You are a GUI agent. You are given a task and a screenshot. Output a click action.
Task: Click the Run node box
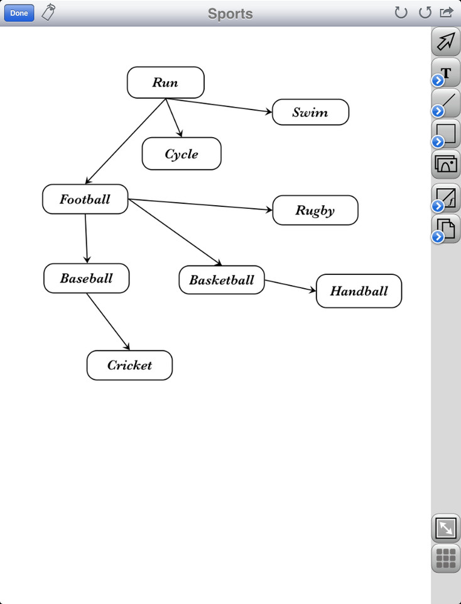tap(165, 82)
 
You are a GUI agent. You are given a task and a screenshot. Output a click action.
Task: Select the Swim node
tap(310, 113)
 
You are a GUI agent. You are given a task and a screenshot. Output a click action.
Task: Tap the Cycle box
tap(182, 154)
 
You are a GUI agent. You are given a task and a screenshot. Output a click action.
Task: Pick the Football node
tap(85, 199)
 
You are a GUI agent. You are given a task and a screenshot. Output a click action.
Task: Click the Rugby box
tap(315, 210)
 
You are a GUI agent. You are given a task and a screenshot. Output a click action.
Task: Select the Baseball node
tap(86, 278)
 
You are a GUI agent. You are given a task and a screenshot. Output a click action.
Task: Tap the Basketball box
tap(221, 280)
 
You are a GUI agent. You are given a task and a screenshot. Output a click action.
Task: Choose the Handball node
tap(359, 291)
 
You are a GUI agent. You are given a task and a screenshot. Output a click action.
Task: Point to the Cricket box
tap(129, 366)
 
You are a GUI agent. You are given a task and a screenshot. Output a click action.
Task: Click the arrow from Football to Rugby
tap(201, 204)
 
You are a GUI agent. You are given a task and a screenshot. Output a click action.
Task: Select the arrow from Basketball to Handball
tap(290, 286)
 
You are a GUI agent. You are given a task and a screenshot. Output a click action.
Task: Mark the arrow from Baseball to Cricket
tap(108, 322)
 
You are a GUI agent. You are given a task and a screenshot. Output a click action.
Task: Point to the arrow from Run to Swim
tap(220, 106)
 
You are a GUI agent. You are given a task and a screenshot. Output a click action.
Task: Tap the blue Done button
tap(19, 13)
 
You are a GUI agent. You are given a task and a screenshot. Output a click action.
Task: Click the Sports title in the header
tap(230, 13)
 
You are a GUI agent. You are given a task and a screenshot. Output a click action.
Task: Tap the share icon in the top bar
tap(447, 13)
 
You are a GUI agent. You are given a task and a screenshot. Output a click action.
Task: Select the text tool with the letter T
tap(446, 72)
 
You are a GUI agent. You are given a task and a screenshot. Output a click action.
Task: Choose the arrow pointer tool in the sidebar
tap(446, 42)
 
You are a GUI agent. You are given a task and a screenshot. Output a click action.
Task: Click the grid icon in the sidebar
tap(445, 558)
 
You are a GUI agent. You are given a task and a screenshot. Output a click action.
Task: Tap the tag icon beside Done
tap(48, 13)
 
